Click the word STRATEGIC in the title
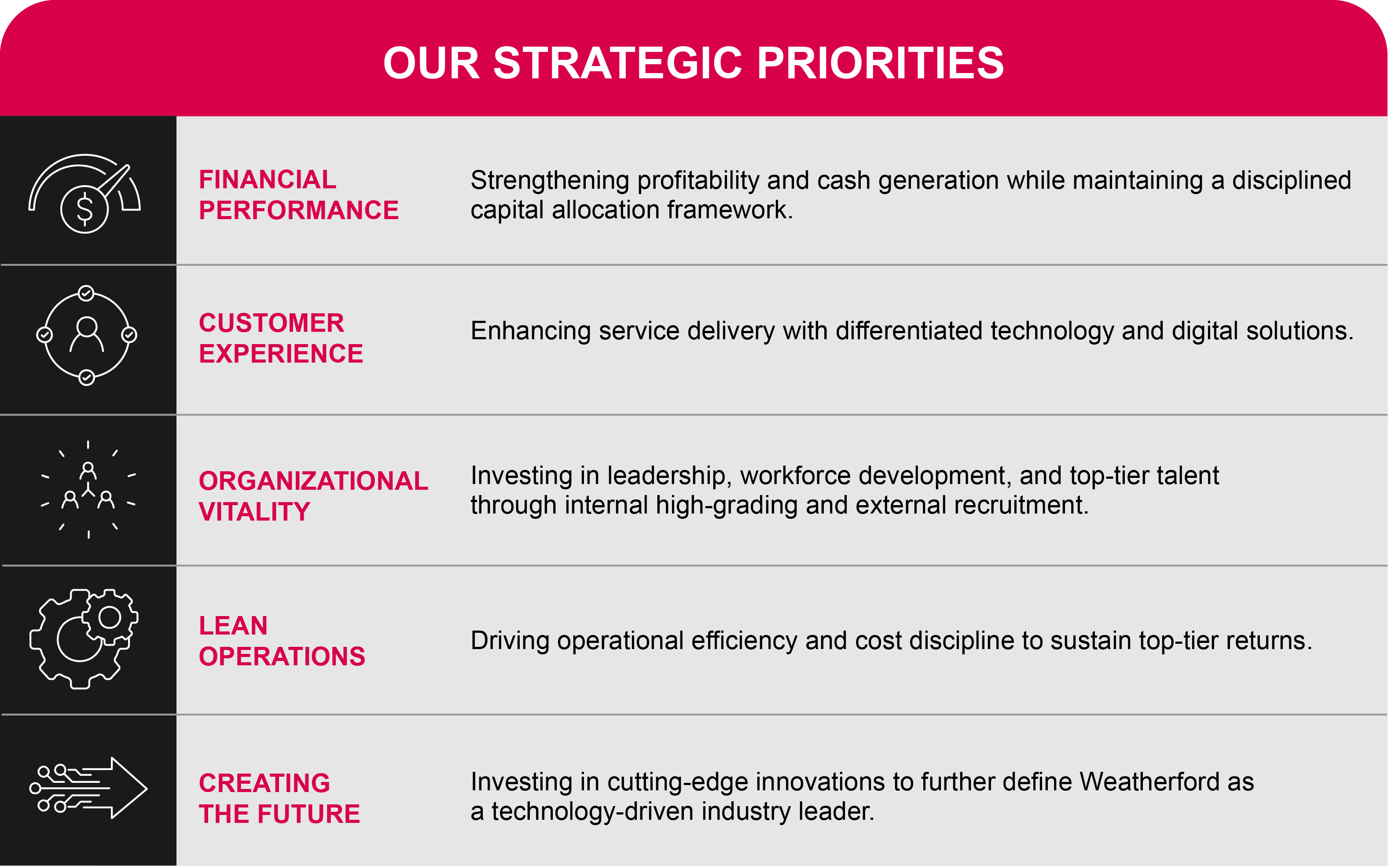tap(617, 63)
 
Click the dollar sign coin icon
tap(84, 209)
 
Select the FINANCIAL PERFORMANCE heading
tap(298, 195)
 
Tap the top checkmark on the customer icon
tap(86, 293)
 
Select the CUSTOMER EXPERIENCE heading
tap(281, 338)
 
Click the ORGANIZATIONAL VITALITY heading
tap(313, 496)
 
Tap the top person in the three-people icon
tap(88, 471)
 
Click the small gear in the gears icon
tap(110, 617)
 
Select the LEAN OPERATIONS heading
tap(281, 641)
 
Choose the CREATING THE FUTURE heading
tap(279, 798)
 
